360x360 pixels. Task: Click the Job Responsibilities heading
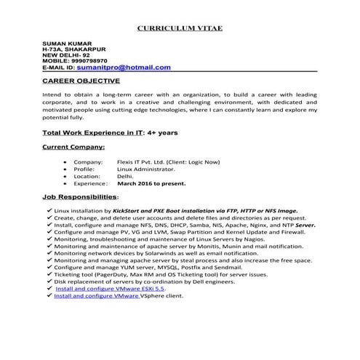[x=79, y=197]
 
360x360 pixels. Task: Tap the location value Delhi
[x=125, y=176]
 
